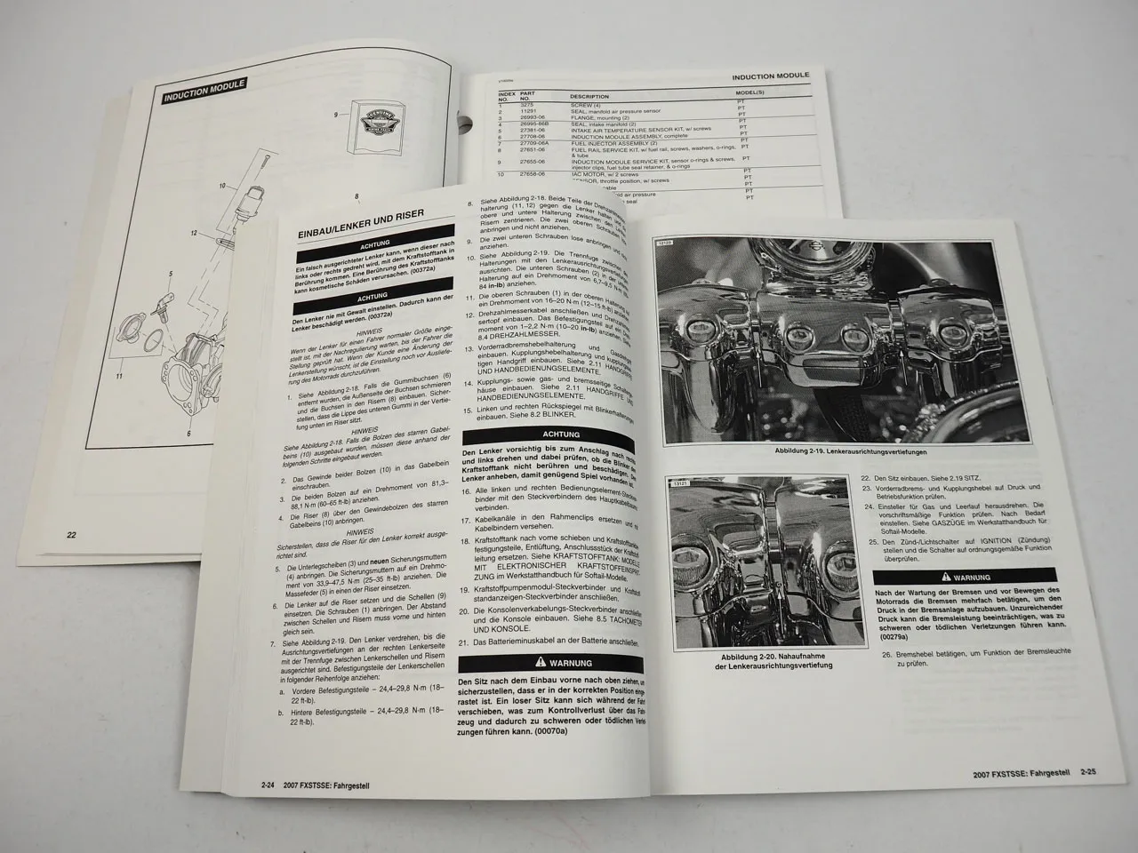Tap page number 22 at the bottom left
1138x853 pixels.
click(x=71, y=535)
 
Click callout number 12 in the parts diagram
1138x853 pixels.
click(x=193, y=232)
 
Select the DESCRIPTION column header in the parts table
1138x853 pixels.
click(x=589, y=96)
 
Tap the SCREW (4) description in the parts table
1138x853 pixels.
click(x=586, y=105)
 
